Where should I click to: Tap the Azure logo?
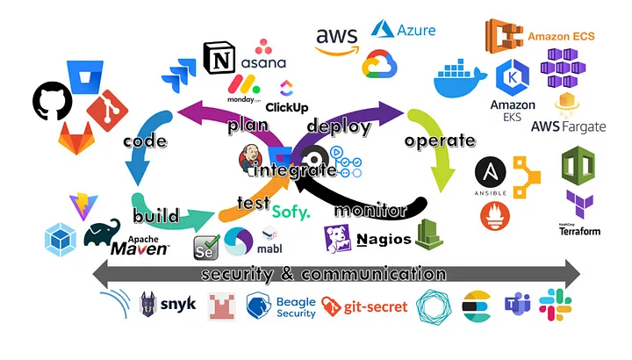point(404,30)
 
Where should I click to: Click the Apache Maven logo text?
point(140,245)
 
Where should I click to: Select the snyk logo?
point(169,305)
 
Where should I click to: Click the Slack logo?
point(555,305)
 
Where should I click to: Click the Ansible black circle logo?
point(492,174)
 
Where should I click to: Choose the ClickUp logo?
point(286,97)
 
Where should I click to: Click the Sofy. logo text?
point(291,212)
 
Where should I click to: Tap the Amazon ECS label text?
point(566,37)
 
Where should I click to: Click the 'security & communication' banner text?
point(324,274)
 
